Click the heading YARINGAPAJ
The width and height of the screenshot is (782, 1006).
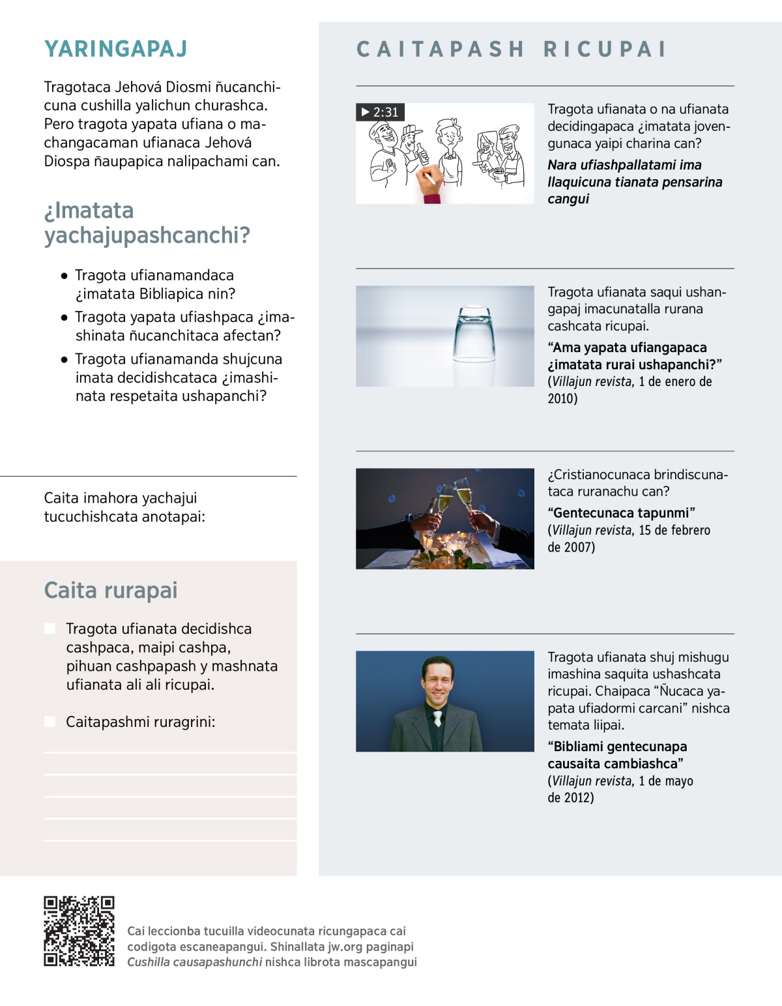pyautogui.click(x=116, y=49)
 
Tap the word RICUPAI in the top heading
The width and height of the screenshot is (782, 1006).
pyautogui.click(x=605, y=50)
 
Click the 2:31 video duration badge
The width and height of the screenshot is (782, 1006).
pyautogui.click(x=380, y=112)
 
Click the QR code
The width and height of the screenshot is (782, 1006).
pyautogui.click(x=79, y=931)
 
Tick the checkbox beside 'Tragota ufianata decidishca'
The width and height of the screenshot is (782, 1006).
pyautogui.click(x=50, y=629)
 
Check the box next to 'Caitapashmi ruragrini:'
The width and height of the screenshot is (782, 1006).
pyautogui.click(x=50, y=722)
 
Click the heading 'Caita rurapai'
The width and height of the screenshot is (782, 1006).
pyautogui.click(x=111, y=590)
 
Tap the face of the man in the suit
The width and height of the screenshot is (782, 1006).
pyautogui.click(x=437, y=683)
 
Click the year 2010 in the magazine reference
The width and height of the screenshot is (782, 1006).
pyautogui.click(x=562, y=398)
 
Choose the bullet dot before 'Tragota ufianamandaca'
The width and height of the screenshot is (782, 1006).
pyautogui.click(x=64, y=276)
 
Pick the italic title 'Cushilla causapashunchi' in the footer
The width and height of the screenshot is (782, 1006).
pyautogui.click(x=194, y=962)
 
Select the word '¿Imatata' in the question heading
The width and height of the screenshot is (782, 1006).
pyautogui.click(x=89, y=211)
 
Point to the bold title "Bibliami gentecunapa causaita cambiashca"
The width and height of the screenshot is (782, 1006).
pyautogui.click(x=616, y=755)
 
